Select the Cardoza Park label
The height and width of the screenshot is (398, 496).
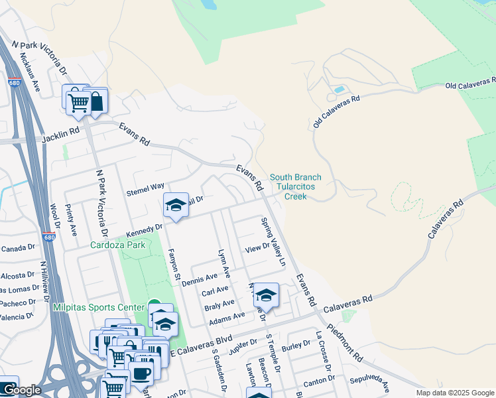117,243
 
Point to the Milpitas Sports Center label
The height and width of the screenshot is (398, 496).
99,307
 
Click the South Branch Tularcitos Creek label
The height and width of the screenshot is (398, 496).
295,186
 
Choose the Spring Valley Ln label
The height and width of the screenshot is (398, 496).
273,241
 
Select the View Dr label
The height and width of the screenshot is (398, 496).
257,248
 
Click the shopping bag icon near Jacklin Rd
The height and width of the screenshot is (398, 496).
97,101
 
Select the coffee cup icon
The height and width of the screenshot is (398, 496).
141,372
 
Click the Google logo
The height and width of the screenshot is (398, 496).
21,391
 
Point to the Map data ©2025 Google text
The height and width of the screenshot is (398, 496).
455,393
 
